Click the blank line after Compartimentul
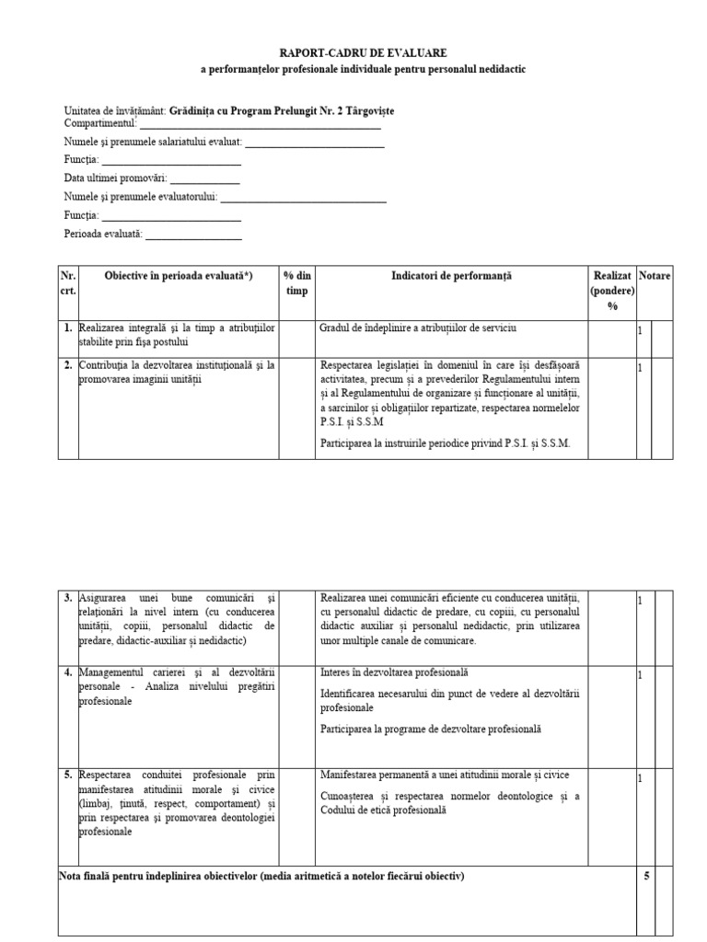pyautogui.click(x=260, y=127)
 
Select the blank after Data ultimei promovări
pyautogui.click(x=204, y=180)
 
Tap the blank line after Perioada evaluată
pyautogui.click(x=193, y=237)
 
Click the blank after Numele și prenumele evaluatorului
pyautogui.click(x=303, y=199)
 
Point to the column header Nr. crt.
pyautogui.click(x=68, y=283)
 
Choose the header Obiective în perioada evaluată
pyautogui.click(x=179, y=276)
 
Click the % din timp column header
pyautogui.click(x=296, y=283)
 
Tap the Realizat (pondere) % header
pyautogui.click(x=612, y=291)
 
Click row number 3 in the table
pyautogui.click(x=68, y=598)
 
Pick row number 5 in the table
pyautogui.click(x=68, y=775)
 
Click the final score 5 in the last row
pyautogui.click(x=646, y=877)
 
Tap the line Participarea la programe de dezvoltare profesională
pyautogui.click(x=431, y=729)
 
